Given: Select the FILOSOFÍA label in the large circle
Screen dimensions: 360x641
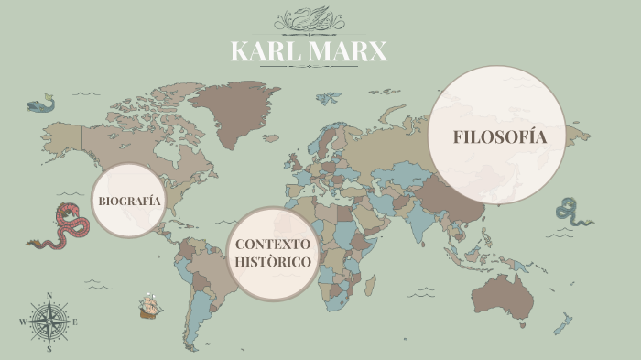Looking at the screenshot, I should coord(499,137).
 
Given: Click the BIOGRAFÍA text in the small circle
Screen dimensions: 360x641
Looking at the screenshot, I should coord(129,201).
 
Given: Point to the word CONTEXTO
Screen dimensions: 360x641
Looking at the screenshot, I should coord(272,245).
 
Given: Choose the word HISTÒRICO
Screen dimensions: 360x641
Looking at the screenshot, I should coord(272,262).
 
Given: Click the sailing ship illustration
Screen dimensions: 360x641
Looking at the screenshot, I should coord(149,305).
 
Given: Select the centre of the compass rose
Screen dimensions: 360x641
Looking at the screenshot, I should coord(49,322).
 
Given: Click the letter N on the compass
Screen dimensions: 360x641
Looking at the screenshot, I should coord(49,296).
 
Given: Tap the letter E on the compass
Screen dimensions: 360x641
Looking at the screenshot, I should coord(75,322).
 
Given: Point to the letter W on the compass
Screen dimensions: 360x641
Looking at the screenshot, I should coord(22,322).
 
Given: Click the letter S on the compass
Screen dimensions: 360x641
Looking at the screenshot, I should coord(49,349).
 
